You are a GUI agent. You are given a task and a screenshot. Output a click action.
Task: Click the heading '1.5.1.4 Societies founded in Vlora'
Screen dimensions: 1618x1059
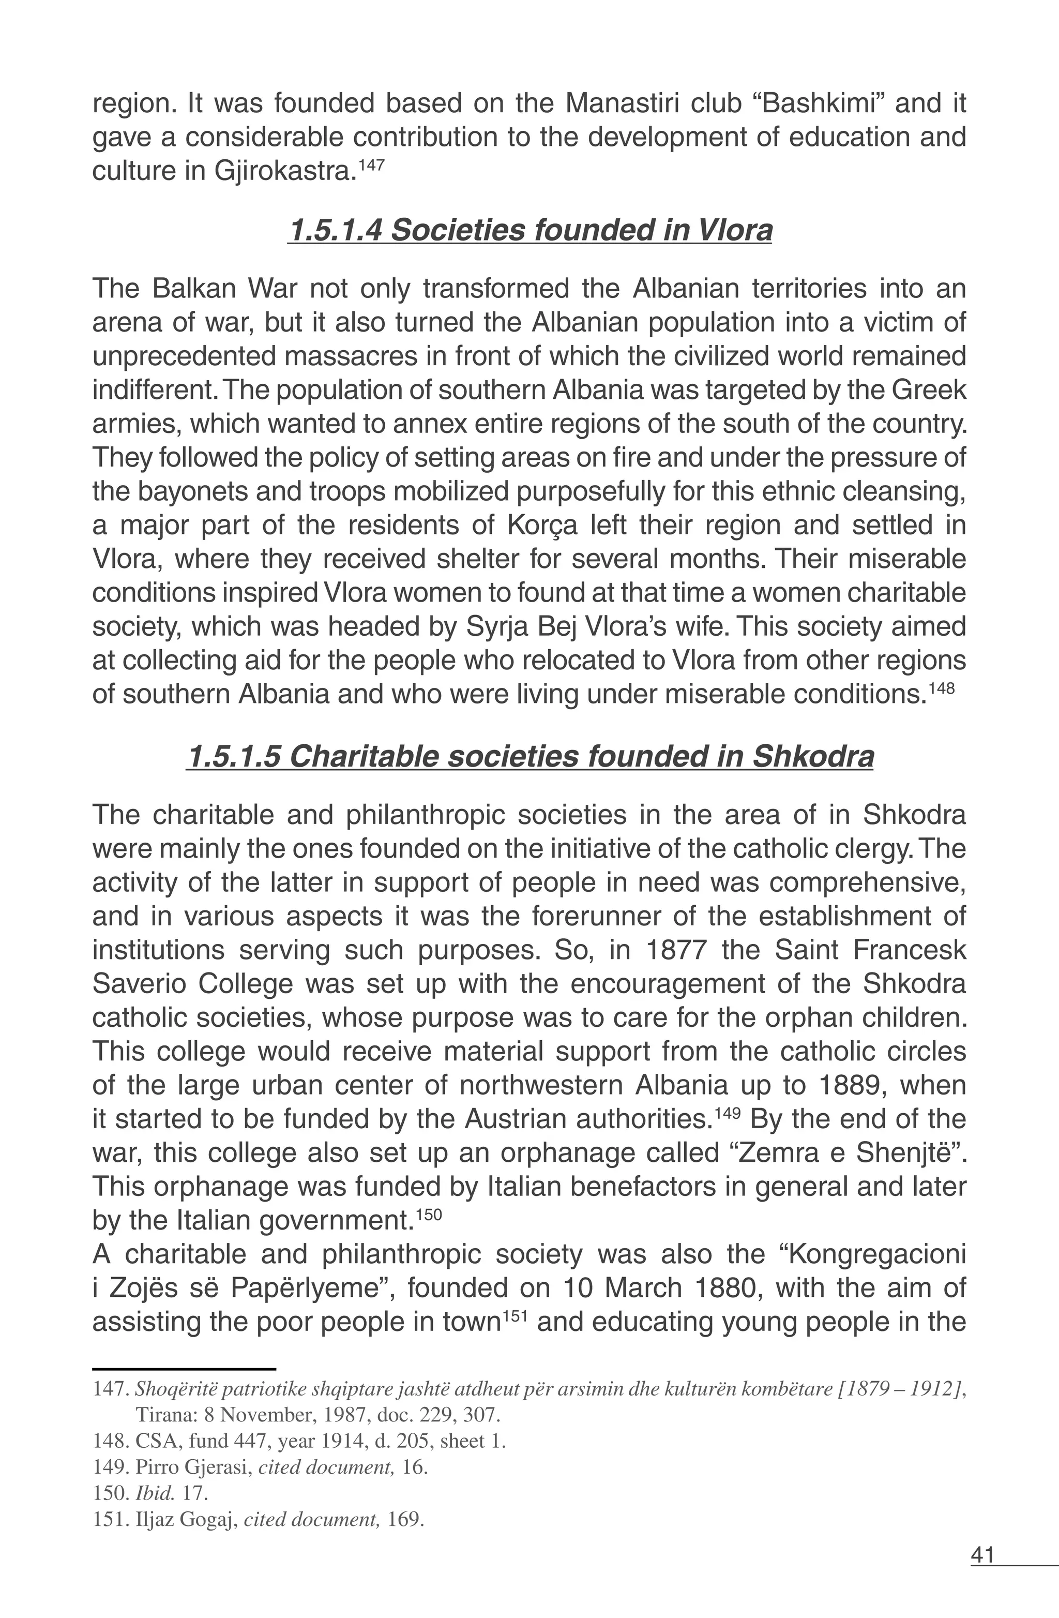(x=529, y=231)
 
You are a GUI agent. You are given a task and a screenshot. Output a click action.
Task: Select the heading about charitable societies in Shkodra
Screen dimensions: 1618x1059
(x=529, y=757)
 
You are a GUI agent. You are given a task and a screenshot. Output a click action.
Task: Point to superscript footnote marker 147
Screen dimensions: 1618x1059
(x=371, y=164)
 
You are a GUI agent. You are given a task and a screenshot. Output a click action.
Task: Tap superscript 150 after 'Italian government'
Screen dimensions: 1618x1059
(x=428, y=1214)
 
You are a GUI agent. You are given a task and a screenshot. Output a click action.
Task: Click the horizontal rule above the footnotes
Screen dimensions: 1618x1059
(x=184, y=1368)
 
